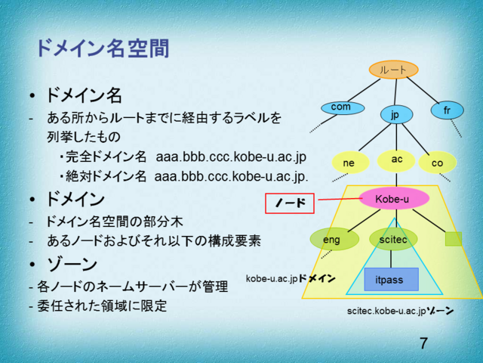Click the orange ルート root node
pyautogui.click(x=393, y=70)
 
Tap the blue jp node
pyautogui.click(x=395, y=114)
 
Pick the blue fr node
pyautogui.click(x=447, y=110)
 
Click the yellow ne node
pyautogui.click(x=349, y=162)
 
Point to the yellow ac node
pyautogui.click(x=396, y=160)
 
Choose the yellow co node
pyautogui.click(x=437, y=162)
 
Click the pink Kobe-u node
pyautogui.click(x=392, y=199)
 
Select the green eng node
pyautogui.click(x=331, y=239)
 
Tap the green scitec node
pyautogui.click(x=393, y=239)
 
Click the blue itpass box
pyautogui.click(x=391, y=280)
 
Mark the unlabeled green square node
pyautogui.click(x=453, y=239)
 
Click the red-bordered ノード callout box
pyautogui.click(x=290, y=203)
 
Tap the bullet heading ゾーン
pyautogui.click(x=72, y=265)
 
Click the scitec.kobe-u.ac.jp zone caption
pyautogui.click(x=400, y=311)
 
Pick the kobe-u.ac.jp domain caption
pyautogui.click(x=291, y=279)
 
